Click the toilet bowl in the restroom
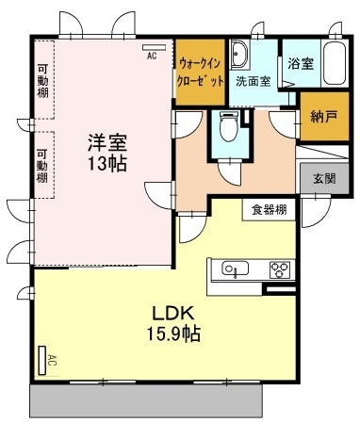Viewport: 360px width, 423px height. point(229,126)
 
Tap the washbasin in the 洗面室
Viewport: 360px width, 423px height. point(239,55)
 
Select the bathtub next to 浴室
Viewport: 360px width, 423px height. point(335,63)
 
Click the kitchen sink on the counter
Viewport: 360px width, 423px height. point(235,268)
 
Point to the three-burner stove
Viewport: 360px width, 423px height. point(280,269)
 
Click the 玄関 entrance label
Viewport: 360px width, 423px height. point(324,178)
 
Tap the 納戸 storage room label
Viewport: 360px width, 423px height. point(324,117)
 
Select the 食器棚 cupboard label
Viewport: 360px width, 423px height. point(270,209)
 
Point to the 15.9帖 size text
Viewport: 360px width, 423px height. point(174,334)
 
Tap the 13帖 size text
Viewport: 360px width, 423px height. point(107,163)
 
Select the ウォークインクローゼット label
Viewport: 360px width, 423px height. point(201,73)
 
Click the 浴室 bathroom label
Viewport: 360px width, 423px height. point(301,64)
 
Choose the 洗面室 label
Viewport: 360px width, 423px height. point(254,82)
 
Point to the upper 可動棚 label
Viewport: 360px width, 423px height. point(42,81)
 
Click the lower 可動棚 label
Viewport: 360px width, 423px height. point(42,166)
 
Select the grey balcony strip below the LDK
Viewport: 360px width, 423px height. point(146,400)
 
